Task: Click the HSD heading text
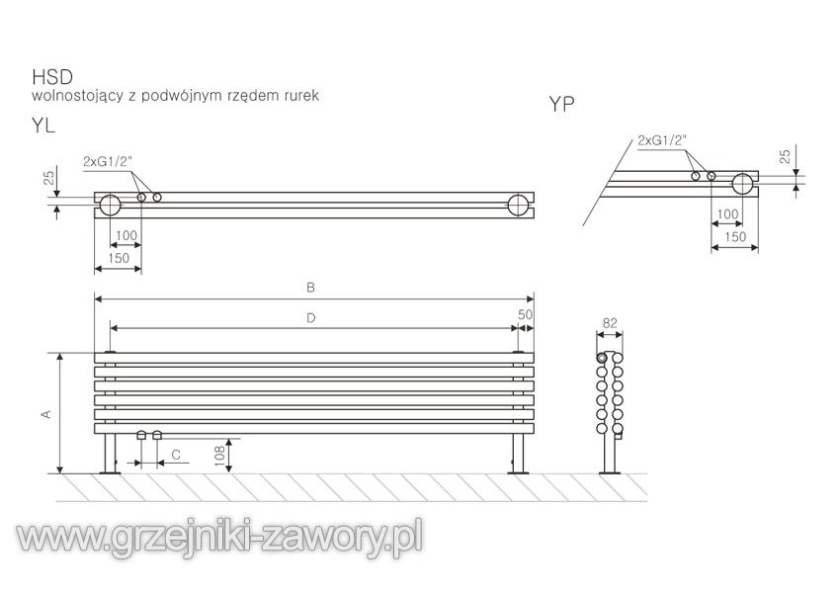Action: (48, 76)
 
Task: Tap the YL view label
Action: (42, 125)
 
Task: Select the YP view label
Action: (562, 104)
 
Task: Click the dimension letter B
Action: (310, 288)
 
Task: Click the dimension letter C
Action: (175, 454)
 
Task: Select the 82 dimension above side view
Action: (609, 322)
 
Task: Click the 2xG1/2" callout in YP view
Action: (661, 139)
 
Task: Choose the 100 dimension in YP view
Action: (727, 214)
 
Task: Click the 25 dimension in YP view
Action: (785, 155)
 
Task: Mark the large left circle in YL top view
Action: (110, 205)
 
